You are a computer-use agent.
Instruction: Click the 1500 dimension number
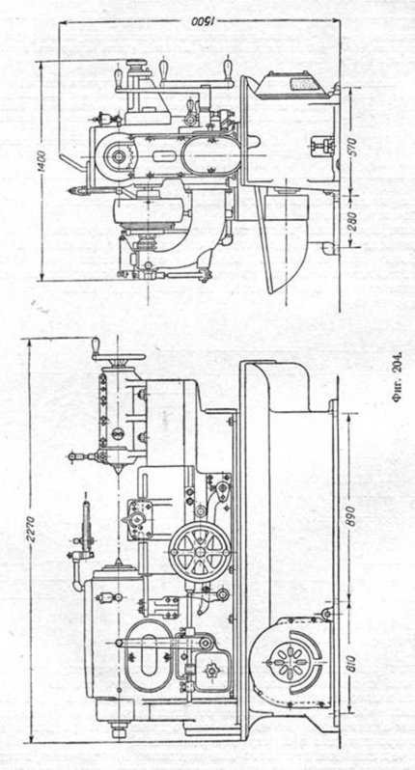pos(201,21)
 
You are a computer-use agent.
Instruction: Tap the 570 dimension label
pos(350,146)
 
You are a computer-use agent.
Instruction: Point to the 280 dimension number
pos(350,219)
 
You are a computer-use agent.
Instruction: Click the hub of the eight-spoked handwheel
pos(200,552)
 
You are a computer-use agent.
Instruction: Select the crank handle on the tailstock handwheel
pos(96,345)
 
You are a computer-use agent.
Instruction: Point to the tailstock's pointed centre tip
pos(117,473)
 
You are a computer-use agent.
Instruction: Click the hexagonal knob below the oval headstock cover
pos(211,672)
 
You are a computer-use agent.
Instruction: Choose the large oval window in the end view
pos(210,157)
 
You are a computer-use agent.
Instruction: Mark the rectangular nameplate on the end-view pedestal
pos(300,84)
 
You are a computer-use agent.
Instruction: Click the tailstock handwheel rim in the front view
pos(120,357)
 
